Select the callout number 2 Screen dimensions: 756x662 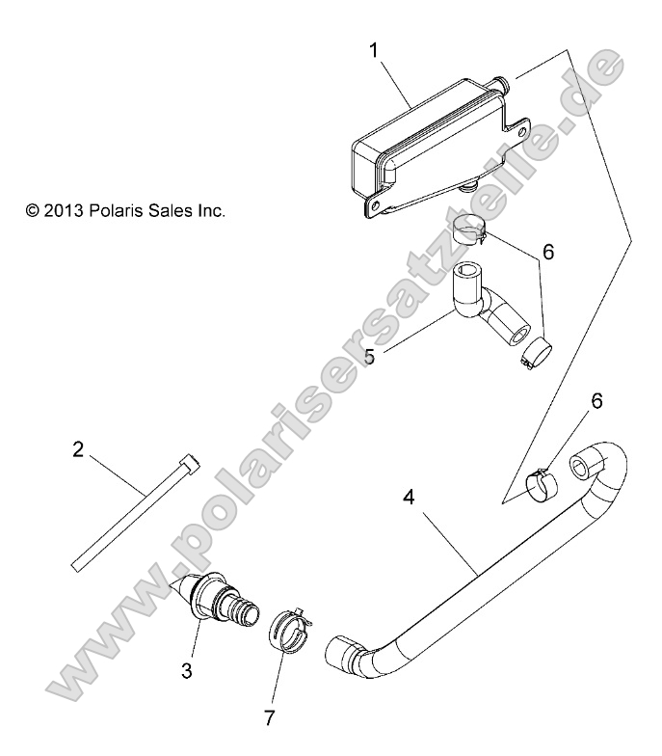(x=78, y=421)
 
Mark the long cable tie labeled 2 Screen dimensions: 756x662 (x=135, y=509)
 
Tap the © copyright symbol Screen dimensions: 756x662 (x=34, y=209)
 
